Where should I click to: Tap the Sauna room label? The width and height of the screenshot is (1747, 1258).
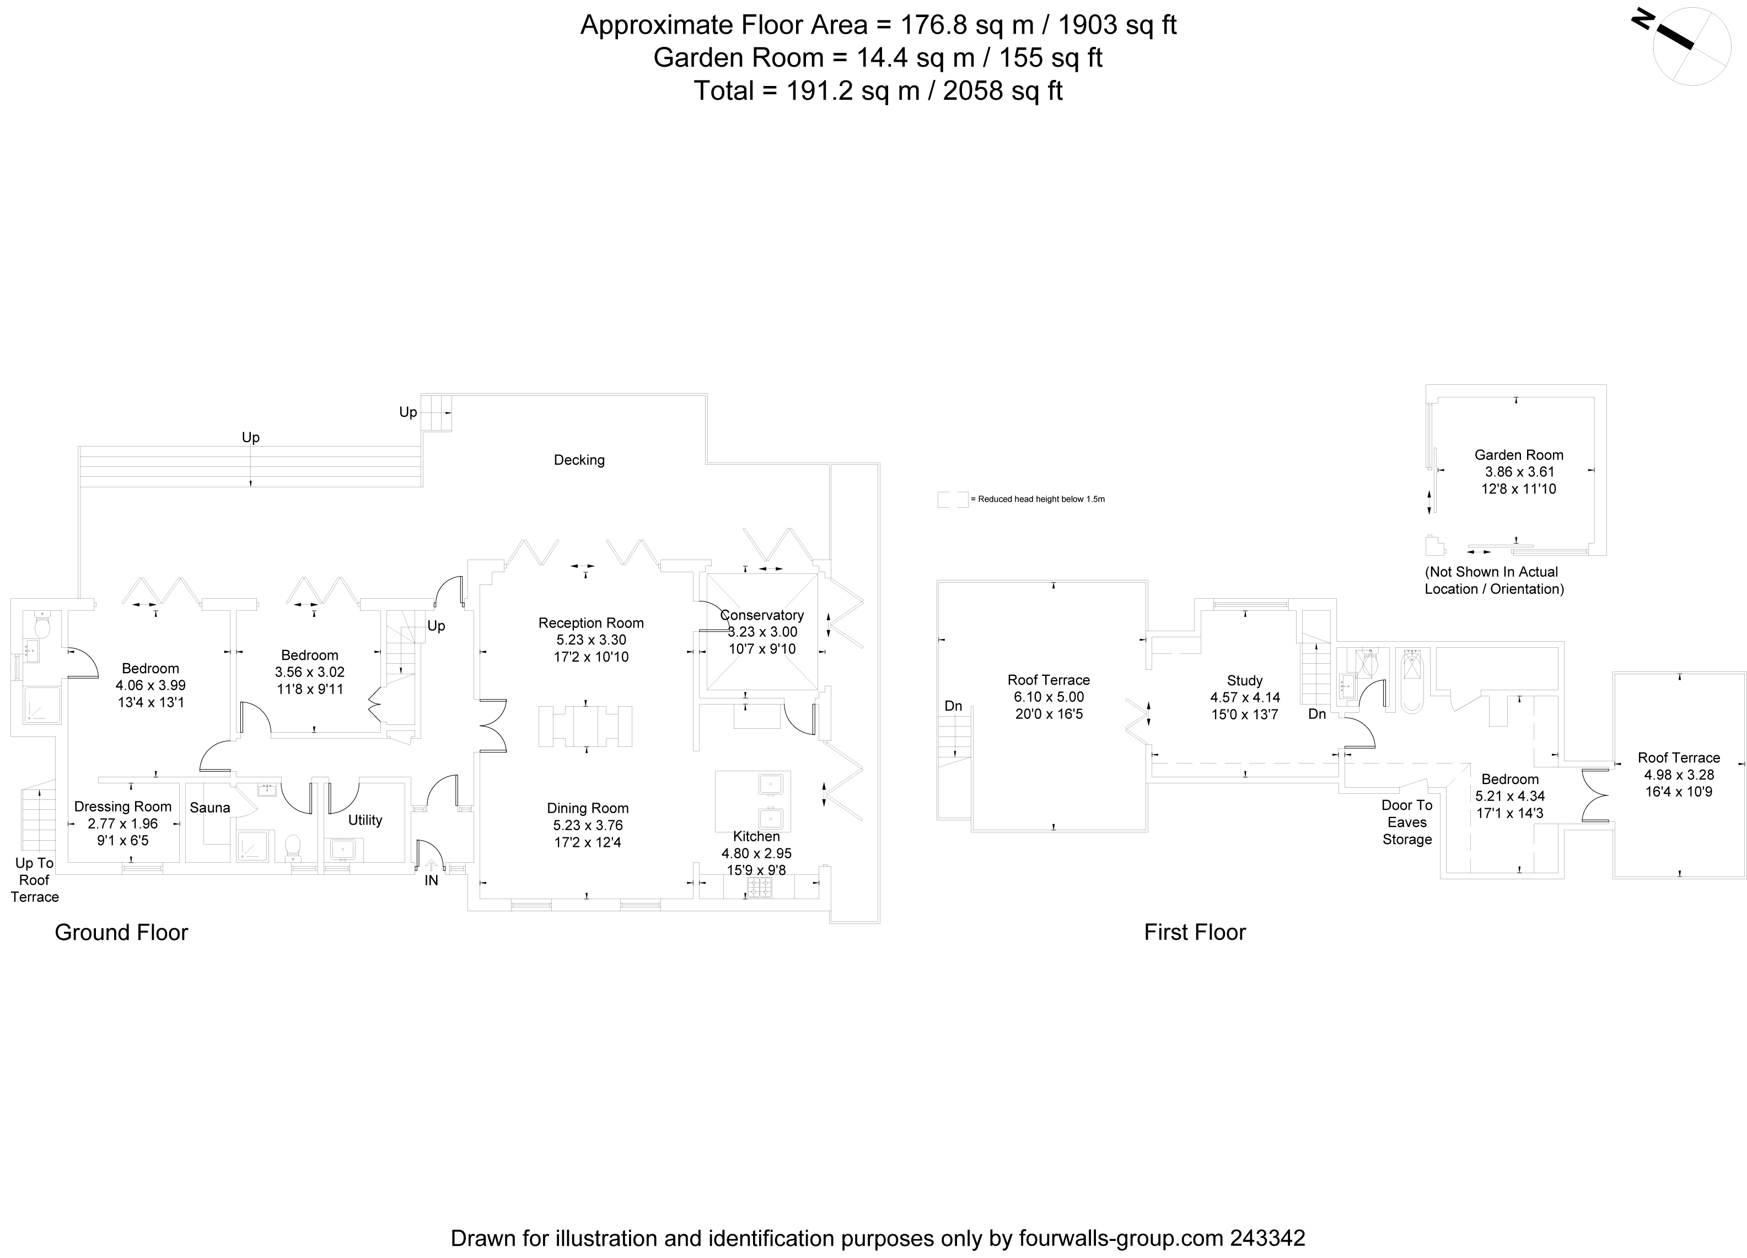209,808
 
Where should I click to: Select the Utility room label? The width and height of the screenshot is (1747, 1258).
364,820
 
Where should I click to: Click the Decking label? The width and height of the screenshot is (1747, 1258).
579,460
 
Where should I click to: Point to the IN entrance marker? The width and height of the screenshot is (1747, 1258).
431,880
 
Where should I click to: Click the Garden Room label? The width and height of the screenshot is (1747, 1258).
1518,454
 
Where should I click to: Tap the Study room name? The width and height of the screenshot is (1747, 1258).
1245,680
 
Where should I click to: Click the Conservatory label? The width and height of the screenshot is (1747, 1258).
762,615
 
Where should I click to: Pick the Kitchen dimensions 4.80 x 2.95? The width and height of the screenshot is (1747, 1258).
756,853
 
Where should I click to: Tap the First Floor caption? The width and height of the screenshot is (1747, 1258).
1195,932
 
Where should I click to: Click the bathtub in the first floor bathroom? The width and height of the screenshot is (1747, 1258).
1411,680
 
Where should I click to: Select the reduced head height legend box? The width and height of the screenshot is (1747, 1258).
952,499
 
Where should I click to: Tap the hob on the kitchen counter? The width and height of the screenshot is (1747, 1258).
759,888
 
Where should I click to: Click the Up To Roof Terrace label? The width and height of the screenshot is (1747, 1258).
35,880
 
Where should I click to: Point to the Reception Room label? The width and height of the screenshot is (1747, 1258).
591,622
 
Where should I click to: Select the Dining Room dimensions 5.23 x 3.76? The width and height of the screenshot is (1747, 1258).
588,825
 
